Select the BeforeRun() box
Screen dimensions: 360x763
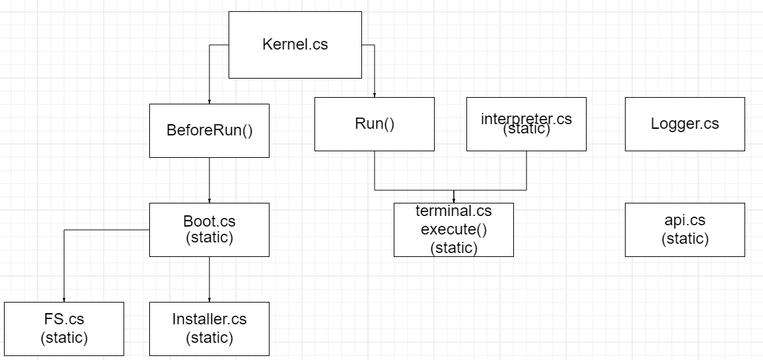[x=209, y=130]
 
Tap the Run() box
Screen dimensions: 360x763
[x=375, y=124]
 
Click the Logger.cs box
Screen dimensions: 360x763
[x=684, y=124]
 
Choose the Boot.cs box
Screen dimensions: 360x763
[x=209, y=229]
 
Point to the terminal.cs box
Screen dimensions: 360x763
[x=454, y=229]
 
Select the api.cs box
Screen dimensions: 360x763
[x=684, y=229]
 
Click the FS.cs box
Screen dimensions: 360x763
[x=64, y=328]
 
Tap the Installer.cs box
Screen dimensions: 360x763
[x=209, y=328]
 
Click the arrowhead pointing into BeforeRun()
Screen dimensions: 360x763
[x=209, y=101]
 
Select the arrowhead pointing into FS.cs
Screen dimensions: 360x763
[x=64, y=299]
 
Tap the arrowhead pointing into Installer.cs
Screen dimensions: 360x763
[x=209, y=299]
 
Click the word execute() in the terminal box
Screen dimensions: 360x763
[x=454, y=229]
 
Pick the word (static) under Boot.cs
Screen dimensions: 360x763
[x=209, y=238]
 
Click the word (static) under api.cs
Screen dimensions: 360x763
[x=684, y=238]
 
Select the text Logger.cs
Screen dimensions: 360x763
[x=684, y=124]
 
